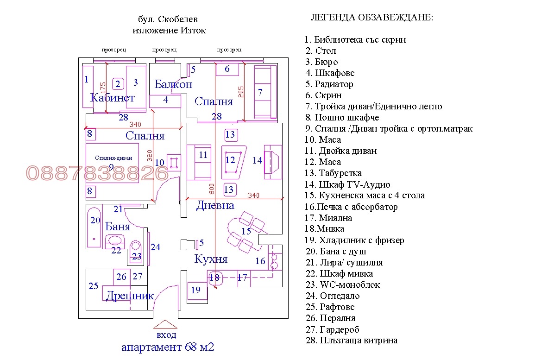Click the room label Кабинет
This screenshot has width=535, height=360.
(112, 98)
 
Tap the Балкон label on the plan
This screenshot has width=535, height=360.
(173, 84)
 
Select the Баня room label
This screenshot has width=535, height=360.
(118, 227)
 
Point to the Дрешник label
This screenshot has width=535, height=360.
(130, 296)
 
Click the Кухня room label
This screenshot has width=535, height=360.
(211, 259)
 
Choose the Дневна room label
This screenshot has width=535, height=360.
(215, 205)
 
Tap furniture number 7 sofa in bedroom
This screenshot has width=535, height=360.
(260, 92)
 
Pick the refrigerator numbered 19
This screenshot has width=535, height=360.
(195, 290)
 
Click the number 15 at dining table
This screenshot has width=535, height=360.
(246, 231)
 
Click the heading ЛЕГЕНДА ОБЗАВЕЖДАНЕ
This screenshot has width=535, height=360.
(372, 18)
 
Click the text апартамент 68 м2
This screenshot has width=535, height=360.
(168, 347)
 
